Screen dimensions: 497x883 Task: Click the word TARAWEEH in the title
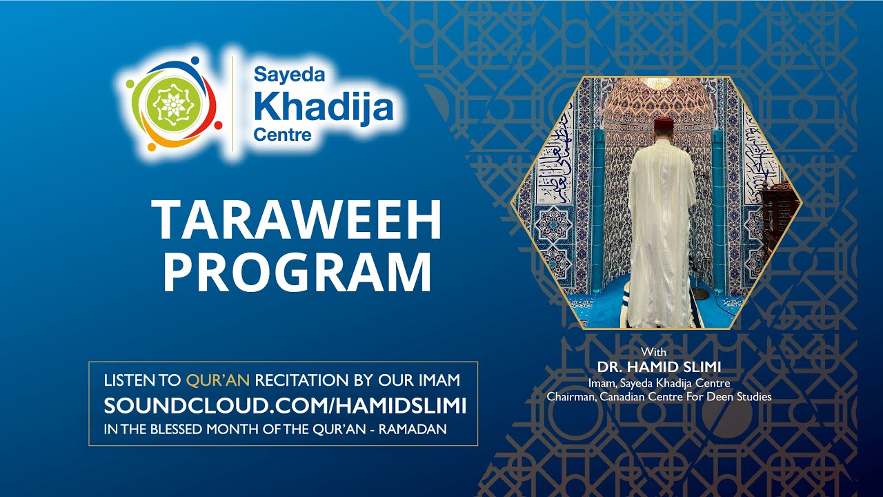(297, 221)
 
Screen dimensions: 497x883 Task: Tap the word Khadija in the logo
(324, 106)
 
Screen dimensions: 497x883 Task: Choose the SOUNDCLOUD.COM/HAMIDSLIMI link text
(285, 406)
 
